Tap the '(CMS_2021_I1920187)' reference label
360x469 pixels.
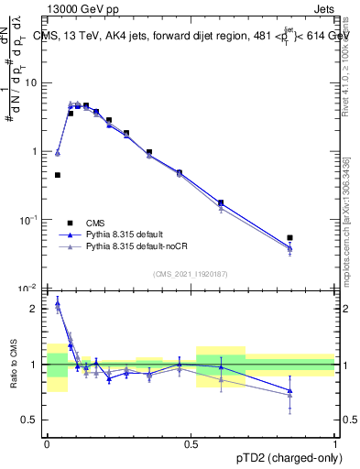tap(191, 272)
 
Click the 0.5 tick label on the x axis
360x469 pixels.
tap(191, 442)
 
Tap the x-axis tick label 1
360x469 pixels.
tap(335, 442)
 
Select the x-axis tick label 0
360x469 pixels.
tap(47, 442)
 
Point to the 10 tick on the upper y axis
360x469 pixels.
tap(30, 83)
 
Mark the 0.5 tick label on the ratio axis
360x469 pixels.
tap(31, 420)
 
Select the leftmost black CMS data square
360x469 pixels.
tap(58, 175)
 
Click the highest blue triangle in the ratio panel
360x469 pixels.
tap(58, 302)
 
